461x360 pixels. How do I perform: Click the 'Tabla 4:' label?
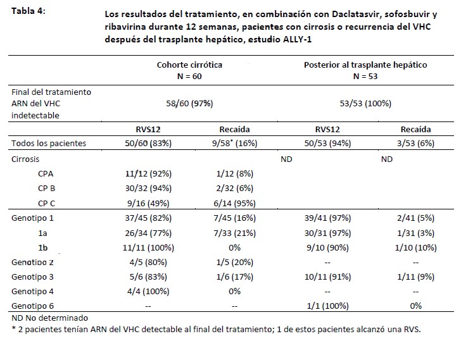click(x=28, y=11)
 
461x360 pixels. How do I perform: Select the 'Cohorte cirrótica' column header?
click(x=189, y=65)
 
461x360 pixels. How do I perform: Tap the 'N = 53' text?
click(x=365, y=77)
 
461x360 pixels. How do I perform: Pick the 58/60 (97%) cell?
click(x=189, y=104)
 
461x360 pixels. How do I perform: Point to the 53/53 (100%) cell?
click(x=365, y=104)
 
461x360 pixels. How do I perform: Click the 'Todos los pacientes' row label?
click(x=49, y=143)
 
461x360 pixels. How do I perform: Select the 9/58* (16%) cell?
click(x=234, y=143)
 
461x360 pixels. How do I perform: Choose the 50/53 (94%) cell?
click(x=327, y=143)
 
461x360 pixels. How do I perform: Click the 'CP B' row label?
click(x=46, y=188)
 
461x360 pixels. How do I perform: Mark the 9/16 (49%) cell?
click(x=148, y=203)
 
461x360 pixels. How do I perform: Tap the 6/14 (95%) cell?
click(x=234, y=203)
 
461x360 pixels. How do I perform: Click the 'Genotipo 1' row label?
click(x=33, y=218)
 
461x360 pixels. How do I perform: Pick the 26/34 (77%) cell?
click(x=148, y=233)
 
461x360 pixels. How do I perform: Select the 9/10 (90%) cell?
click(x=327, y=248)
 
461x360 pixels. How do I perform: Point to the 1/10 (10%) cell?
click(x=415, y=248)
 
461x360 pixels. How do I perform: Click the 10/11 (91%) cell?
click(x=327, y=277)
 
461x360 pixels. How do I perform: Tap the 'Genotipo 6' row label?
click(x=33, y=306)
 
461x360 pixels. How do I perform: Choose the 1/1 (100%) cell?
click(x=327, y=306)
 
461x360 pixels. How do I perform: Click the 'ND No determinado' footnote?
click(x=49, y=318)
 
